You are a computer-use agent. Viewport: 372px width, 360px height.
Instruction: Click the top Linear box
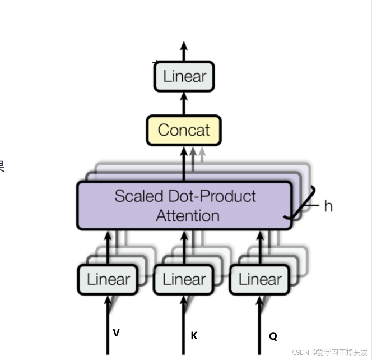pyautogui.click(x=184, y=76)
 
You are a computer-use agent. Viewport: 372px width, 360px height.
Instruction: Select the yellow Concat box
pyautogui.click(x=184, y=130)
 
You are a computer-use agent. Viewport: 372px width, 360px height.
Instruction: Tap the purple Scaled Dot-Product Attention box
pyautogui.click(x=184, y=205)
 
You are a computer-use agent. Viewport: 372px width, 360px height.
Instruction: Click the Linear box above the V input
pyautogui.click(x=108, y=279)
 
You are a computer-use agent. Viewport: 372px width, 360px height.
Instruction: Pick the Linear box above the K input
pyautogui.click(x=184, y=279)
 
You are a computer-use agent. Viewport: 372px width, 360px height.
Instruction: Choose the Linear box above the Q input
pyautogui.click(x=259, y=279)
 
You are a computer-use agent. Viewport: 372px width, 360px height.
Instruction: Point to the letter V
pyautogui.click(x=116, y=333)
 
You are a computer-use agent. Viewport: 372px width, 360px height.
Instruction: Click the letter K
pyautogui.click(x=194, y=335)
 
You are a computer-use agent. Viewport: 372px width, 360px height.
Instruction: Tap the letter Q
pyautogui.click(x=273, y=336)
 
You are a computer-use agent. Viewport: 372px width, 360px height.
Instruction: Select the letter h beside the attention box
pyautogui.click(x=328, y=206)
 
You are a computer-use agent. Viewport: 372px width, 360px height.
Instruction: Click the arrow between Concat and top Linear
pyautogui.click(x=184, y=103)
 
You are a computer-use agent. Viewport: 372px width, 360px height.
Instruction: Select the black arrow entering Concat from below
pyautogui.click(x=184, y=163)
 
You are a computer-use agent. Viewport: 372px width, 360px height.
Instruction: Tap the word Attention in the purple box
pyautogui.click(x=188, y=215)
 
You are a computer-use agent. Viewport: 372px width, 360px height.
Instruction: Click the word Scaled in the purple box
pyautogui.click(x=138, y=196)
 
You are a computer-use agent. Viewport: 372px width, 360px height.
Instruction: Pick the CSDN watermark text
pyautogui.click(x=329, y=352)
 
